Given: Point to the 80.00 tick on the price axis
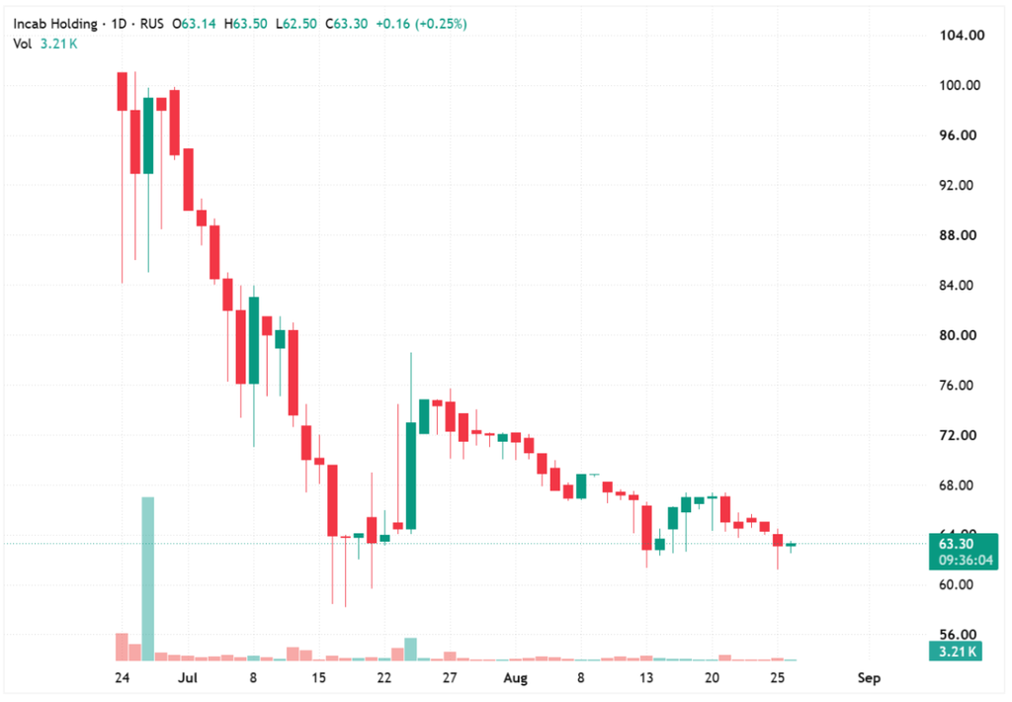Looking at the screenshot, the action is (958, 335).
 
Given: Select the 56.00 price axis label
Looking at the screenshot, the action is (958, 635).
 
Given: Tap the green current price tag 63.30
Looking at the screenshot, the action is (956, 544).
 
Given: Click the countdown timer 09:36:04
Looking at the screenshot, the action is (966, 560).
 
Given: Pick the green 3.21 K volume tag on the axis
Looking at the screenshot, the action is (956, 651).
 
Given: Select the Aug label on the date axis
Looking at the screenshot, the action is (515, 678).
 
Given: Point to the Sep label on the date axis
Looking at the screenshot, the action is (869, 678).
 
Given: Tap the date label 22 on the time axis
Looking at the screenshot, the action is (384, 678).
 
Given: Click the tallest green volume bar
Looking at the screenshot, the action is (148, 578).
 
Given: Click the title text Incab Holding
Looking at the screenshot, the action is (55, 24).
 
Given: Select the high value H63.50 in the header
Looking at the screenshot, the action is (245, 24).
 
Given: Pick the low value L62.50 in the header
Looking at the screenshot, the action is (296, 24).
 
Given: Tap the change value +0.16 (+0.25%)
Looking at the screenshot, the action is (421, 24).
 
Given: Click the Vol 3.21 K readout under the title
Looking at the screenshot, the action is (45, 44).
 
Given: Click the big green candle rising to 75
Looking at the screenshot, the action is (411, 476).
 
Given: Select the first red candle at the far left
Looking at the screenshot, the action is (122, 92).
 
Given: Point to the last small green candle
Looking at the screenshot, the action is (791, 545).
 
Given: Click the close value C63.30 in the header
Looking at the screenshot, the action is (347, 24).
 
